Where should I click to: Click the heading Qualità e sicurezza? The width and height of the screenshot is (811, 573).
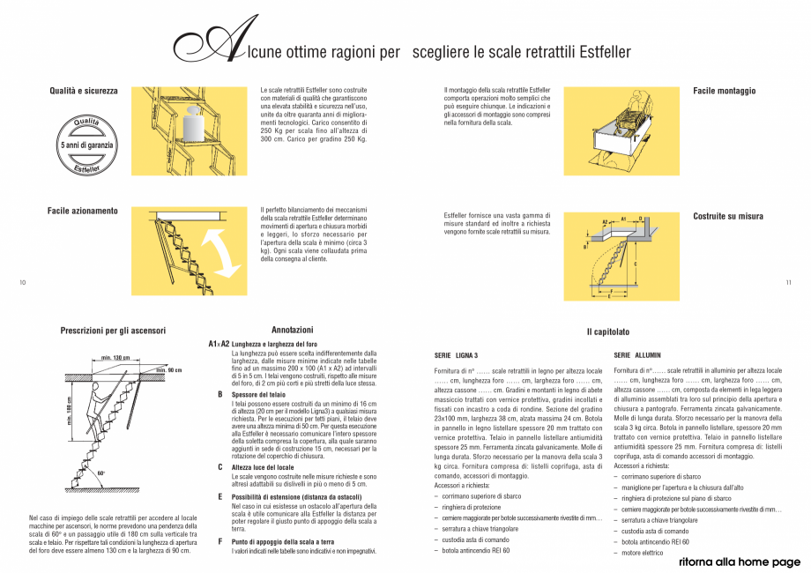pos(84,91)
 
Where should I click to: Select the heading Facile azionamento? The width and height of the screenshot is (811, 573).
pos(82,212)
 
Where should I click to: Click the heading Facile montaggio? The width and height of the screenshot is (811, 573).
pos(724,91)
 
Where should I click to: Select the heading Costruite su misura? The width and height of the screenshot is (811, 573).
pos(727,216)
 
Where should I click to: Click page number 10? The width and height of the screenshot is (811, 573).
pos(23,282)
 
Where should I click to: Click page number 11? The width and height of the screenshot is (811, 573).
pos(788,282)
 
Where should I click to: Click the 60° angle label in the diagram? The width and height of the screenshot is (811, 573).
pos(101,473)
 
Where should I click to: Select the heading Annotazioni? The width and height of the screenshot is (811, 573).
pos(291,329)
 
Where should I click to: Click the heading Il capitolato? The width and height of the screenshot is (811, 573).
pos(608,331)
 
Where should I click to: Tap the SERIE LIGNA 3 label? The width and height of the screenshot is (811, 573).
pos(456,354)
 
